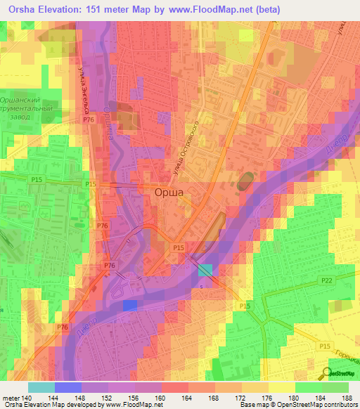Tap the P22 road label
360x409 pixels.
tap(327, 280)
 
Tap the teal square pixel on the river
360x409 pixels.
tap(205, 271)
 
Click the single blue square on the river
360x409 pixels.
tap(130, 305)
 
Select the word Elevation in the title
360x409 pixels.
tap(63, 10)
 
